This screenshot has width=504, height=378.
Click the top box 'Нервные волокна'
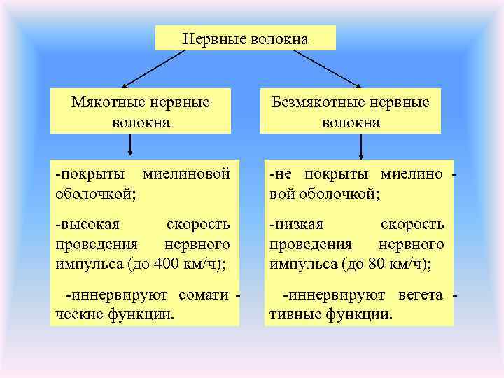pyautogui.click(x=245, y=38)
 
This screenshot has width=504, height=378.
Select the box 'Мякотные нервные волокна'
pyautogui.click(x=141, y=111)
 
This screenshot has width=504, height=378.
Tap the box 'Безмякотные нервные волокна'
pyautogui.click(x=351, y=111)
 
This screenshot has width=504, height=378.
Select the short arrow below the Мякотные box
pyautogui.click(x=130, y=145)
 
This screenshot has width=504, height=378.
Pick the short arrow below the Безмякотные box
pyautogui.click(x=361, y=145)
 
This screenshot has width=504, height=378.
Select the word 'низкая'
pyautogui.click(x=298, y=225)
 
